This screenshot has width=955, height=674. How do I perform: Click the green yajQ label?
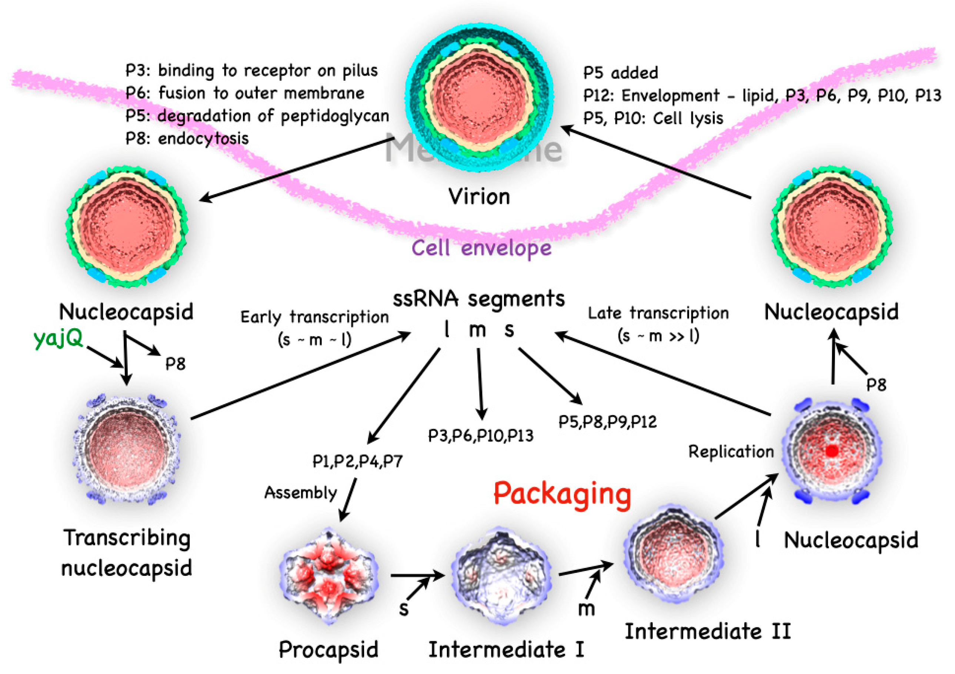tap(58, 339)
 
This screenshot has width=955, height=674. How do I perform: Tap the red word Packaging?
tap(562, 495)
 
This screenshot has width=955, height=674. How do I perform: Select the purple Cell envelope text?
tap(481, 249)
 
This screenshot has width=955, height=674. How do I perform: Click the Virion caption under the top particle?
tap(479, 196)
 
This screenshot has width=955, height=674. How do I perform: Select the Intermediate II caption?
tap(708, 631)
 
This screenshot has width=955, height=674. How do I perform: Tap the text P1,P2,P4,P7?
tap(357, 461)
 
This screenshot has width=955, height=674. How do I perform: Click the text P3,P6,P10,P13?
tap(480, 436)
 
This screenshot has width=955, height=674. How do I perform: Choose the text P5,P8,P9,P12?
tap(607, 422)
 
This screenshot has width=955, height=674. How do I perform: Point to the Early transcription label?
tap(314, 318)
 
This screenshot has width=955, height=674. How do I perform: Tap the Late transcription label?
tap(658, 313)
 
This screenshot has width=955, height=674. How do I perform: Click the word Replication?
tap(731, 452)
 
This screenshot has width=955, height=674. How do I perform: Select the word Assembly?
tap(300, 493)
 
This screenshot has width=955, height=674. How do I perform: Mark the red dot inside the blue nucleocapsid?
tap(831, 451)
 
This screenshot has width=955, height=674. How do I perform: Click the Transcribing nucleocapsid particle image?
tap(127, 449)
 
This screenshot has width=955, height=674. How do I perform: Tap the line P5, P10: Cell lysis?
tap(653, 119)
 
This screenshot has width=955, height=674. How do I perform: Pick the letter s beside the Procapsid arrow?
tap(404, 609)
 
